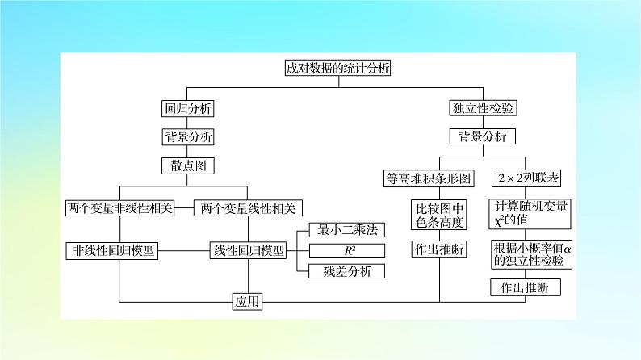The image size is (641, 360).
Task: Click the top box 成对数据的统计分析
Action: pos(338,69)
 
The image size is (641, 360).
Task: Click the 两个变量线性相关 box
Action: pos(248,207)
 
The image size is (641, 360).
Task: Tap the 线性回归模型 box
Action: pos(248,250)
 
